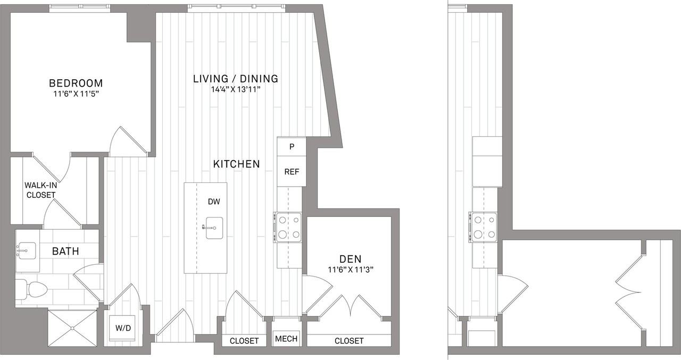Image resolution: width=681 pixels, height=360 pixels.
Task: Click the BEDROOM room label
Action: tap(76, 83)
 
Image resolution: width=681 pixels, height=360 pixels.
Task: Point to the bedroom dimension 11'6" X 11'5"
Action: tap(76, 93)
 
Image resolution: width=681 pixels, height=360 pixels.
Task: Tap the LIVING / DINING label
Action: tap(235, 79)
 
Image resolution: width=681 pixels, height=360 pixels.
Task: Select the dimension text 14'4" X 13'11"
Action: tap(235, 89)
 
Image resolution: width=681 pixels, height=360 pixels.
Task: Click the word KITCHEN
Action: tap(236, 164)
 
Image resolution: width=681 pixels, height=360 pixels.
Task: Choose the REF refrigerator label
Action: tap(292, 172)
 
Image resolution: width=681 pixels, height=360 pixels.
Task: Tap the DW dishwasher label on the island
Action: tap(214, 202)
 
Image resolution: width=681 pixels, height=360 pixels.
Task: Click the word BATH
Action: tap(65, 251)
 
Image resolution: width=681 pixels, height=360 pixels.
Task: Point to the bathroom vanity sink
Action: tap(26, 250)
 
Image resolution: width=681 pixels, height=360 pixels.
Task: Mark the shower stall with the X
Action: tap(72, 328)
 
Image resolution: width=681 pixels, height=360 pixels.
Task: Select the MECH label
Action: tap(286, 338)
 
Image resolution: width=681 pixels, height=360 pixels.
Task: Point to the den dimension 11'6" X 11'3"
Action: tap(350, 269)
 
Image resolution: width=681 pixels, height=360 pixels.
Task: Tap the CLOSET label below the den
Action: tap(349, 341)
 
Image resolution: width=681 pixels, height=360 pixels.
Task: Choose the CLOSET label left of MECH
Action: tap(244, 341)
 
